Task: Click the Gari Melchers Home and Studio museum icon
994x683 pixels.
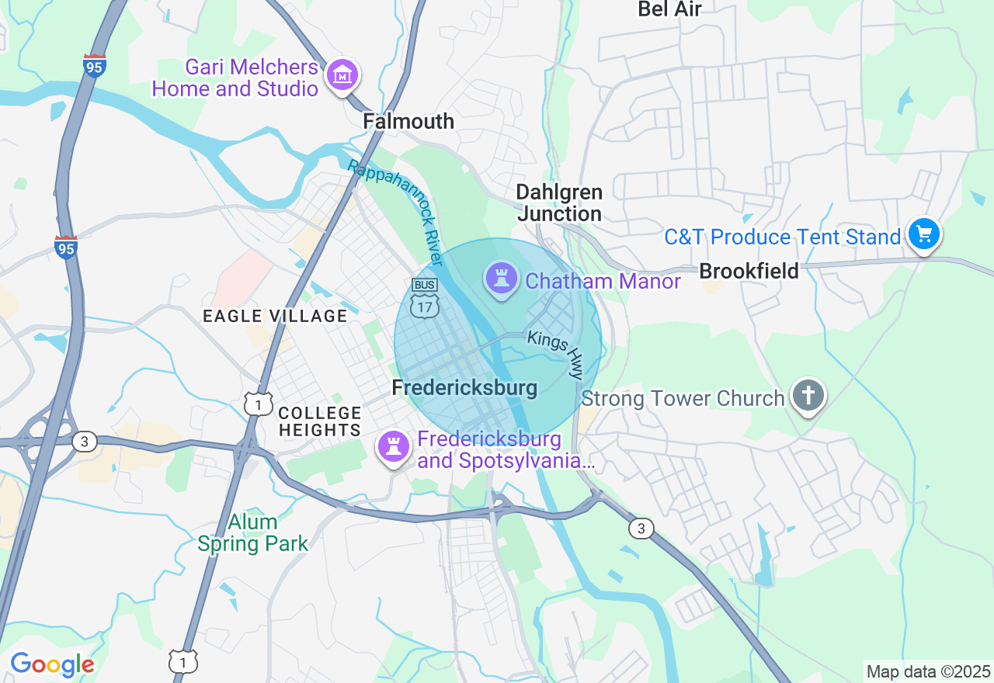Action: point(342,75)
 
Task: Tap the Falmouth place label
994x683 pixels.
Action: point(408,121)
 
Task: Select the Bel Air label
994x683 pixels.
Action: point(669,9)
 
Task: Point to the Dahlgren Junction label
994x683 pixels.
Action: point(559,203)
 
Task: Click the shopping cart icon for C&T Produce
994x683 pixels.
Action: point(923,233)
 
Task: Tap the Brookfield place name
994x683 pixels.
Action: point(749,271)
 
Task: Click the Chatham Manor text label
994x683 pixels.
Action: point(603,281)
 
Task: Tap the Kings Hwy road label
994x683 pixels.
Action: point(555,354)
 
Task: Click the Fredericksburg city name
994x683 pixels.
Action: point(464,388)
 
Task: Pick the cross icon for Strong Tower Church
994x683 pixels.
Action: point(808,394)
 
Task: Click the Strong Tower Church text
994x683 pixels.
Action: point(683,399)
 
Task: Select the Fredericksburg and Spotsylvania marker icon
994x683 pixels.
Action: point(394,446)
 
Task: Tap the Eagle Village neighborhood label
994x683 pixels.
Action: point(275,316)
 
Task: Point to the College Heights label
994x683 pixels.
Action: point(320,421)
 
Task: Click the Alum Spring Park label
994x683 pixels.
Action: point(253,532)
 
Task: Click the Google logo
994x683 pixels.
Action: point(52,664)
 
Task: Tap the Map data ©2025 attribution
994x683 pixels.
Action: point(928,671)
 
